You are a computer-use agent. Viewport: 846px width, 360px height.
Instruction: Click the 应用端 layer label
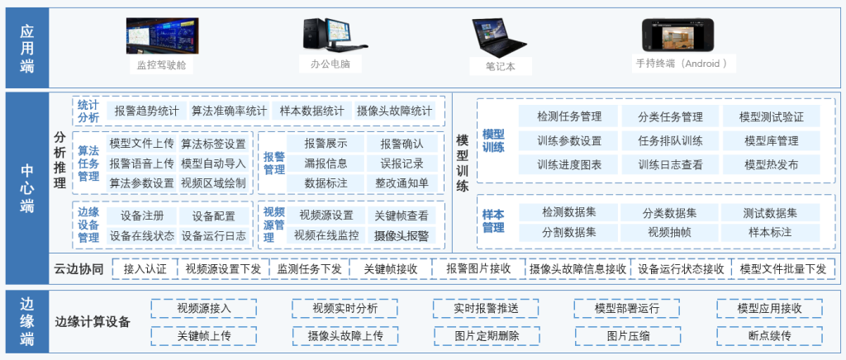(x=27, y=45)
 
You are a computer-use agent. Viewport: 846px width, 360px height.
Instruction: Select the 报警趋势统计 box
(x=145, y=111)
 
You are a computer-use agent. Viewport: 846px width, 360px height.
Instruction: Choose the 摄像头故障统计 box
(x=394, y=111)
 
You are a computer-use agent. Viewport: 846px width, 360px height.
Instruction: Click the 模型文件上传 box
(x=141, y=144)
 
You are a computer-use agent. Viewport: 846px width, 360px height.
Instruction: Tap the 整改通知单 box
(x=402, y=182)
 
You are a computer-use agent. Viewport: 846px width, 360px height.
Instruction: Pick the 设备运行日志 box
(x=213, y=235)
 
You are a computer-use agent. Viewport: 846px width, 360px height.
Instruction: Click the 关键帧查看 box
(x=402, y=216)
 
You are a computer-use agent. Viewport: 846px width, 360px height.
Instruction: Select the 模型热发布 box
(x=771, y=164)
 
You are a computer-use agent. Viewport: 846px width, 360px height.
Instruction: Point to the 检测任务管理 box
(x=568, y=116)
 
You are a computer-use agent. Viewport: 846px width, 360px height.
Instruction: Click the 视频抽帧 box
(x=669, y=232)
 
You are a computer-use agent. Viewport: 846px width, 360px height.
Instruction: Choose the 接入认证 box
(x=145, y=268)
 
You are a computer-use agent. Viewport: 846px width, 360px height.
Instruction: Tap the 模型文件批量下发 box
(x=782, y=268)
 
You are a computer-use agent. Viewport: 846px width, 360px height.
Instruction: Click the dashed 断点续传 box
(x=769, y=336)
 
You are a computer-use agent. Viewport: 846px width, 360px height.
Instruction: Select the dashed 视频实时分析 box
(x=345, y=308)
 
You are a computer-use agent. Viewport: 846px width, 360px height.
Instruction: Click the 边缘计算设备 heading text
(x=93, y=322)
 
